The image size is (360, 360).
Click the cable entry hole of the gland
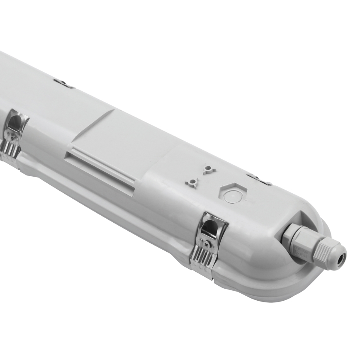point(342,256)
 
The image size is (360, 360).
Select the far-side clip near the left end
point(63,83)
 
